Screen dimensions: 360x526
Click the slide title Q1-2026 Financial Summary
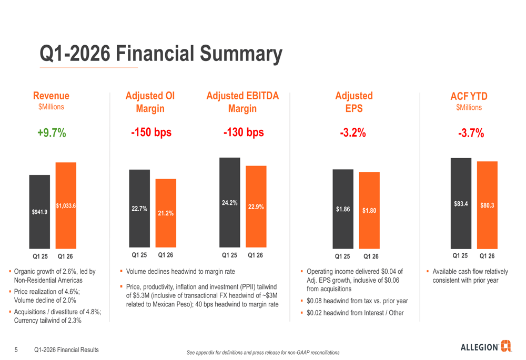[x=161, y=54]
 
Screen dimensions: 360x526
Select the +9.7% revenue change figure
[x=52, y=133]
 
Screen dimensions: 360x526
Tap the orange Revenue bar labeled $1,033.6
[x=66, y=206]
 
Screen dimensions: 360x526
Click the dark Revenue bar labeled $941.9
[x=39, y=212]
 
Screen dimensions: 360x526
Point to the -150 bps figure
[x=151, y=133]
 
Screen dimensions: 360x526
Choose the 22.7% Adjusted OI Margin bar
[x=139, y=208]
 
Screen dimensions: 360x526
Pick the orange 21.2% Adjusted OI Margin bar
[x=166, y=213]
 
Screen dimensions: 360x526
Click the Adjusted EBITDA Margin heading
[x=242, y=102]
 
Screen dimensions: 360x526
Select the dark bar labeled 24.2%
[x=230, y=202]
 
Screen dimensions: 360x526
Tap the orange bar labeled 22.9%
[x=256, y=207]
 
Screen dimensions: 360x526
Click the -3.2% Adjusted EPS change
[x=352, y=133]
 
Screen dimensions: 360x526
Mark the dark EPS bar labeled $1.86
[x=343, y=209]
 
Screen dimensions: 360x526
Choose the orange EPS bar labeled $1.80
[x=369, y=210]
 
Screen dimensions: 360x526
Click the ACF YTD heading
[x=469, y=96]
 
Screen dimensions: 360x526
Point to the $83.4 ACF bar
[x=461, y=203]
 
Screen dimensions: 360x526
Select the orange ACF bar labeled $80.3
[x=487, y=205]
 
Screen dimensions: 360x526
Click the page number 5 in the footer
[x=16, y=349]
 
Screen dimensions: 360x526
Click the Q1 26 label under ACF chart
[x=487, y=256]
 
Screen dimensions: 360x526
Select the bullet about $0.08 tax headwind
[x=357, y=301]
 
